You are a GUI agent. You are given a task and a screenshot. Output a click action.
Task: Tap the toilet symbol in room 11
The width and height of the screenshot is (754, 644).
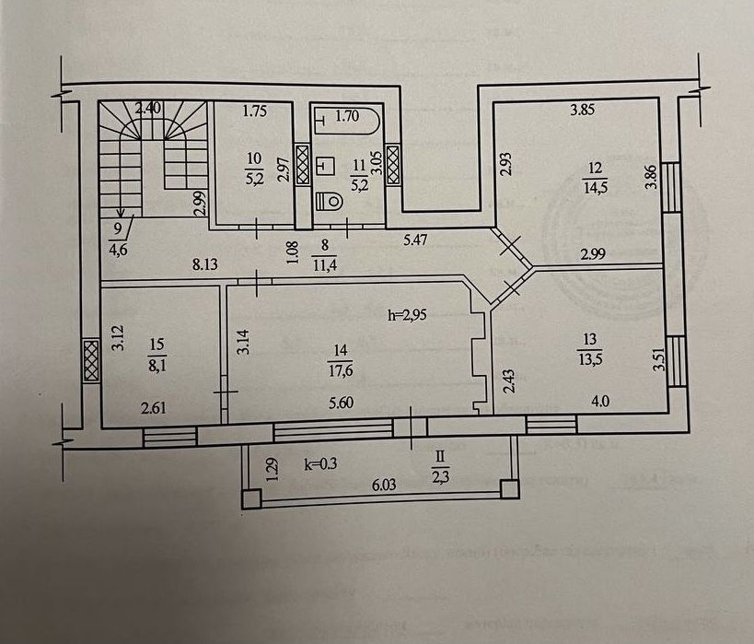pos(330,199)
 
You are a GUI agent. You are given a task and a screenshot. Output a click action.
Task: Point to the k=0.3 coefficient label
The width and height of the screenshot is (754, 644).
pos(323,464)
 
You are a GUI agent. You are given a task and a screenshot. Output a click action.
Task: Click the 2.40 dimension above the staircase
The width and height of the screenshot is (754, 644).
pos(148,108)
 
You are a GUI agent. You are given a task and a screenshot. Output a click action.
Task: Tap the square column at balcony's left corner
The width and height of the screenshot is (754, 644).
pos(251,499)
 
